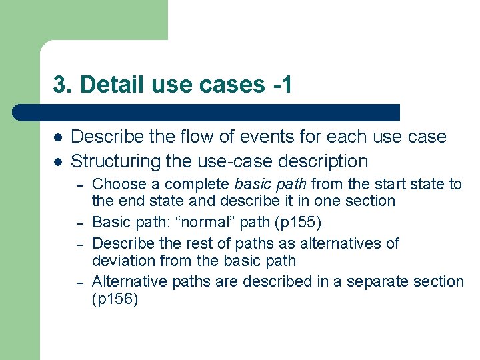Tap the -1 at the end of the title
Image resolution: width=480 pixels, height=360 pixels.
pyautogui.click(x=282, y=85)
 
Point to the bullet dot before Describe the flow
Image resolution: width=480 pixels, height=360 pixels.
pyautogui.click(x=58, y=137)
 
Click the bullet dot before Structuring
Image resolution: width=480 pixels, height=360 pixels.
pyautogui.click(x=58, y=161)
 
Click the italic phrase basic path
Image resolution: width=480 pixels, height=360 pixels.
pyautogui.click(x=271, y=184)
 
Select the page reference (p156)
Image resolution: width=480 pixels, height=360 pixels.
pyautogui.click(x=115, y=300)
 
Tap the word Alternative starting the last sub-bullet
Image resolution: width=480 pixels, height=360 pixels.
pyautogui.click(x=129, y=282)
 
